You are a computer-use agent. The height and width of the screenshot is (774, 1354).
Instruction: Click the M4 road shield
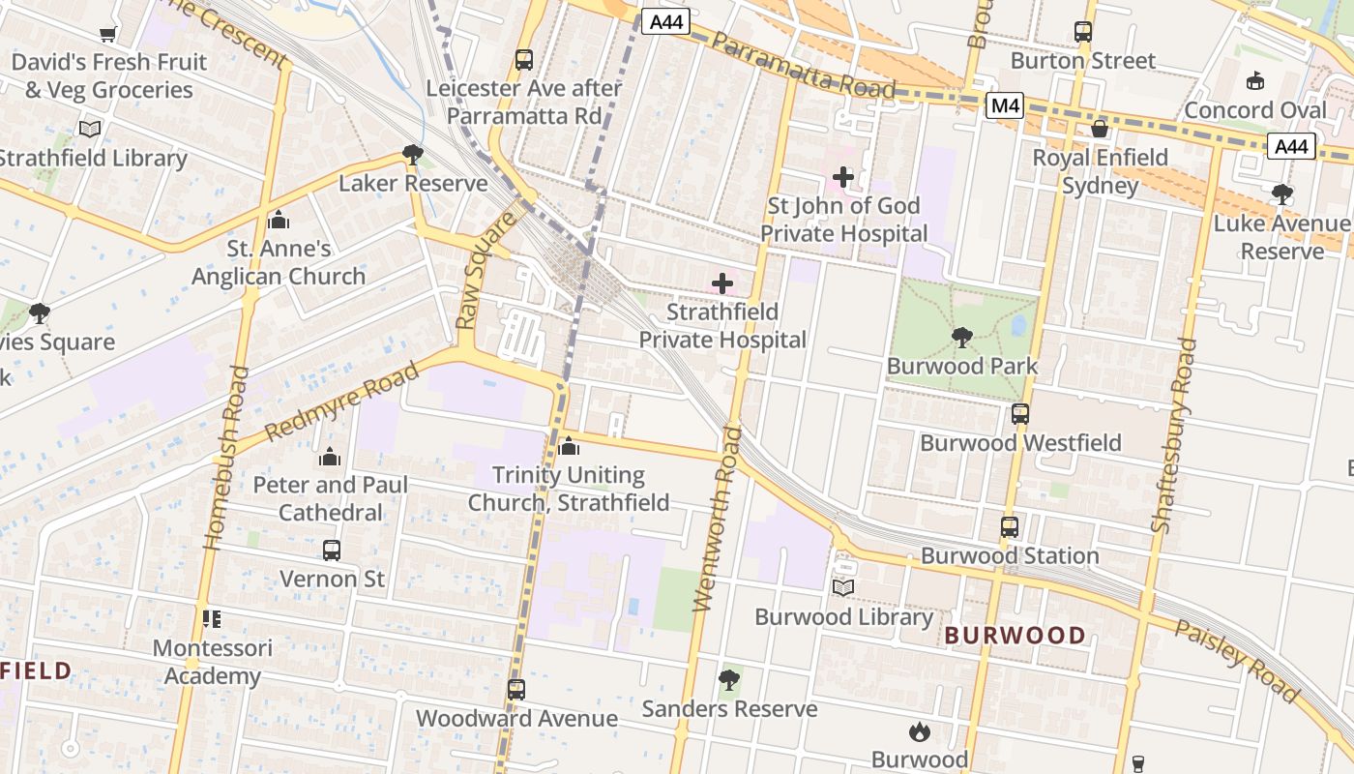(x=1005, y=105)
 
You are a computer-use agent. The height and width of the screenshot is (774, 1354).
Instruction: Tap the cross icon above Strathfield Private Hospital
(x=722, y=283)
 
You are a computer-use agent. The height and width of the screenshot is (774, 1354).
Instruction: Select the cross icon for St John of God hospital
(x=843, y=177)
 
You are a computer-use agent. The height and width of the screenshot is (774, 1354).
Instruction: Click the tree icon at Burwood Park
(x=961, y=337)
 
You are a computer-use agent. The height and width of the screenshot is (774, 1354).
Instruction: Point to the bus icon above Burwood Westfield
(x=1020, y=414)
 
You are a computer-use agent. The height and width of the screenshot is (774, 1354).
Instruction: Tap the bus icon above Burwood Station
(x=1010, y=527)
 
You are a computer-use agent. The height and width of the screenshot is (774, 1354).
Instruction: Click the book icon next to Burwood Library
(x=843, y=587)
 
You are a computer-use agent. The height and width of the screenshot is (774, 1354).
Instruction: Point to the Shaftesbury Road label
(x=1174, y=434)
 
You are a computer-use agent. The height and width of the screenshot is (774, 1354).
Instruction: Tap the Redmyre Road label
(x=342, y=401)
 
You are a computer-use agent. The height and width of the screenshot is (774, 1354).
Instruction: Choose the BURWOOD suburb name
(x=1015, y=636)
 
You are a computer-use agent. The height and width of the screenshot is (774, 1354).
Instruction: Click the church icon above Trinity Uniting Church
(x=569, y=446)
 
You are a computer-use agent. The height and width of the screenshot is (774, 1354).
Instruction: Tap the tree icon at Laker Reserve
(x=413, y=154)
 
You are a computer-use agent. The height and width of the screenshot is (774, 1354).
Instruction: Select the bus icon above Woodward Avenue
(x=516, y=690)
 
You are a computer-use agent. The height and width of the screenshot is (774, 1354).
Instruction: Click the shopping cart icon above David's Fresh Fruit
(x=108, y=34)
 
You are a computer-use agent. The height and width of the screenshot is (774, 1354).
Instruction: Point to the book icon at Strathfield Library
(x=90, y=129)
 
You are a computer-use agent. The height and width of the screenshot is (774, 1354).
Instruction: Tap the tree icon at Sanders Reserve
(x=730, y=680)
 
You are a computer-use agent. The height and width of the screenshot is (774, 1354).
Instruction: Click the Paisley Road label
(x=1238, y=661)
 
